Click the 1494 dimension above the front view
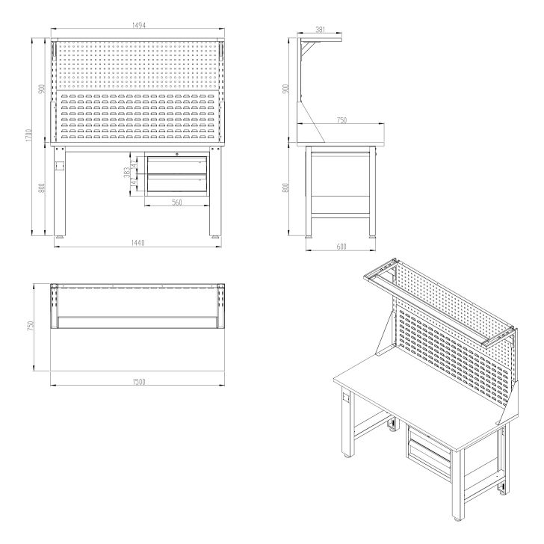pos(138,25)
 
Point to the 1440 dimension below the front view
pos(138,243)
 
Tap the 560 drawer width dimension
pos(177,203)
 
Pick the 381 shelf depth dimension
pos(320,30)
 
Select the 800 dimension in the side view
pos(285,188)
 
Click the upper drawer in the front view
pos(176,164)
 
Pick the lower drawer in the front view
pos(176,182)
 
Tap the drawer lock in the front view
pos(176,155)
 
